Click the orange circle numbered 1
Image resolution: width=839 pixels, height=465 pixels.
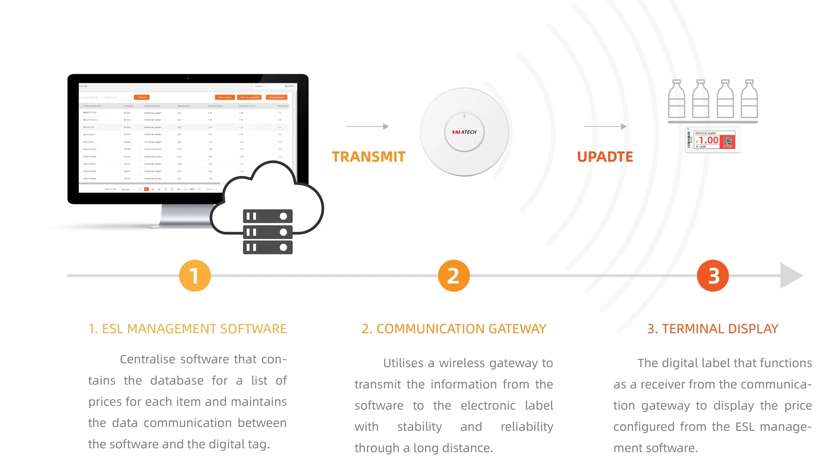tap(195, 275)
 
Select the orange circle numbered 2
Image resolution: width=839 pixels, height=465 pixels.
tap(454, 275)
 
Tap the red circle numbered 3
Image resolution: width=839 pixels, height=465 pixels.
tap(713, 275)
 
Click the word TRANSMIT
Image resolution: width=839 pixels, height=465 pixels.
tap(368, 157)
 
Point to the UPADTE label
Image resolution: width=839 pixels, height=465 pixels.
tap(605, 157)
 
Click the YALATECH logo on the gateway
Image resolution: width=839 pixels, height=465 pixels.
tap(464, 132)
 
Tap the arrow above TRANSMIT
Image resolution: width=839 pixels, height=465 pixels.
tap(367, 126)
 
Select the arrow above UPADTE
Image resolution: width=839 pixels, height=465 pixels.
tap(605, 126)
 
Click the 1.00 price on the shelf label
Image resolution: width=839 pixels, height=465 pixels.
tap(708, 140)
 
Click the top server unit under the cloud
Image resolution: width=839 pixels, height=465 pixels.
tap(268, 216)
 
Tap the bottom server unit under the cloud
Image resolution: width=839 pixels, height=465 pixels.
tap(268, 247)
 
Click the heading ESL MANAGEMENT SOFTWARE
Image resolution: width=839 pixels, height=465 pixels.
tap(187, 329)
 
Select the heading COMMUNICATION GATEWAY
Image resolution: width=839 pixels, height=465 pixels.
tap(454, 329)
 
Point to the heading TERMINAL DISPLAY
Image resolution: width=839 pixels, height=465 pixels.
tap(713, 329)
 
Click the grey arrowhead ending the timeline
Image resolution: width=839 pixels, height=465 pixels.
tap(791, 275)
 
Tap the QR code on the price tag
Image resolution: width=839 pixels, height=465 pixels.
tap(728, 141)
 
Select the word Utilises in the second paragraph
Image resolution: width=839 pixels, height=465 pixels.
tap(403, 363)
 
